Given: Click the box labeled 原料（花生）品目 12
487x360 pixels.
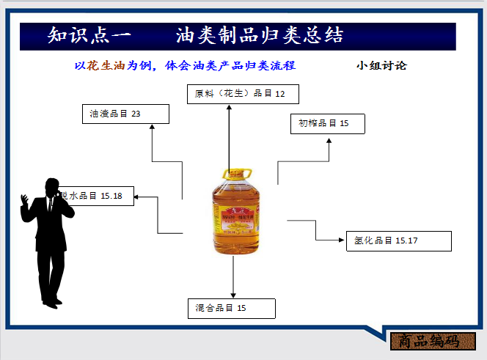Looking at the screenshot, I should point(235,94).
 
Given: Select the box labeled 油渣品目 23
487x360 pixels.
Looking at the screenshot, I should point(125,114).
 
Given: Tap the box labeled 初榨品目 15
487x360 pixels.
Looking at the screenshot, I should point(327,124).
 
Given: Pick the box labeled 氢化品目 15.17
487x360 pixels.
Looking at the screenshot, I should point(398,240).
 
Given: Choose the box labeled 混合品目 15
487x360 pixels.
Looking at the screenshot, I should point(231,308).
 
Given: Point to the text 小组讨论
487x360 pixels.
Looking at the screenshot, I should point(381,65).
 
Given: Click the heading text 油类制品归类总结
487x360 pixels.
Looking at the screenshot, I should point(260,35).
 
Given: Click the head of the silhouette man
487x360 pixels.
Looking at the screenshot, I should point(52,188).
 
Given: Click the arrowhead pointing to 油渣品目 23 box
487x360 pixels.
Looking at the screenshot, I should point(152,127).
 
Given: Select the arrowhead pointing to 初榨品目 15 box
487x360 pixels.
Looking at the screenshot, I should point(329,139).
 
